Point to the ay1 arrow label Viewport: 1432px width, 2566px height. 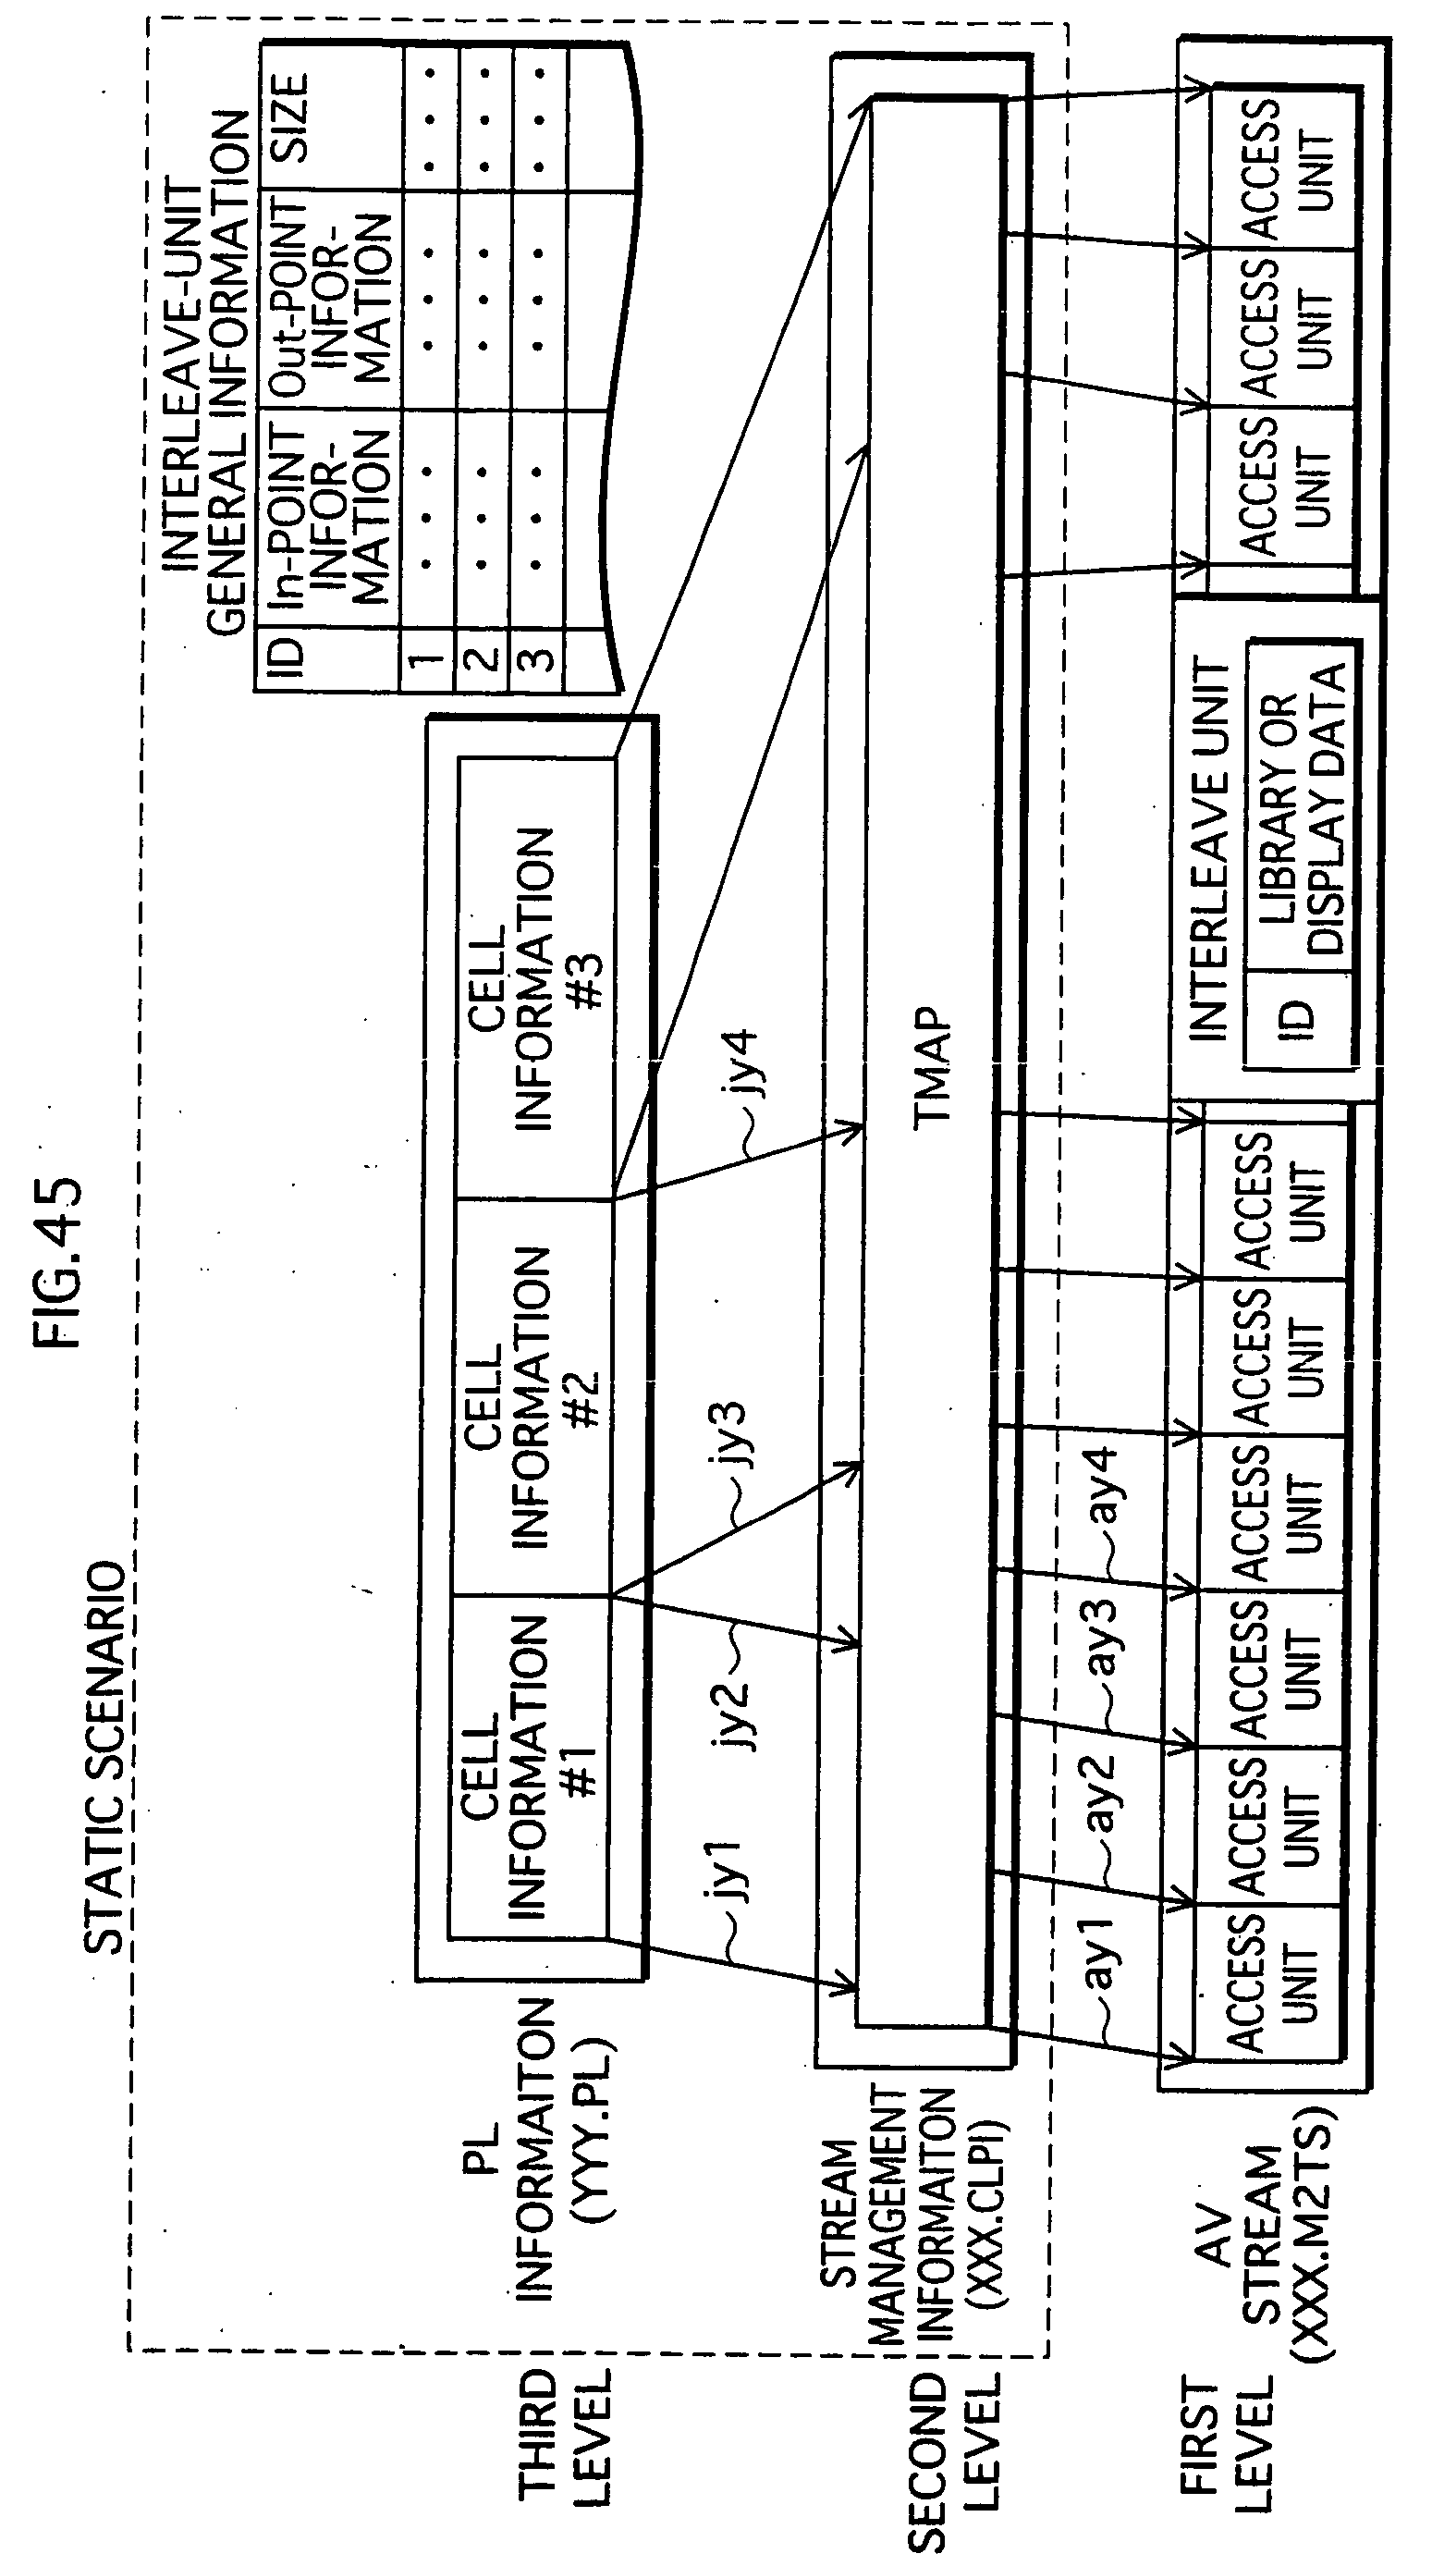click(x=1100, y=1952)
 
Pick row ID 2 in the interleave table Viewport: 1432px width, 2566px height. click(x=482, y=658)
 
